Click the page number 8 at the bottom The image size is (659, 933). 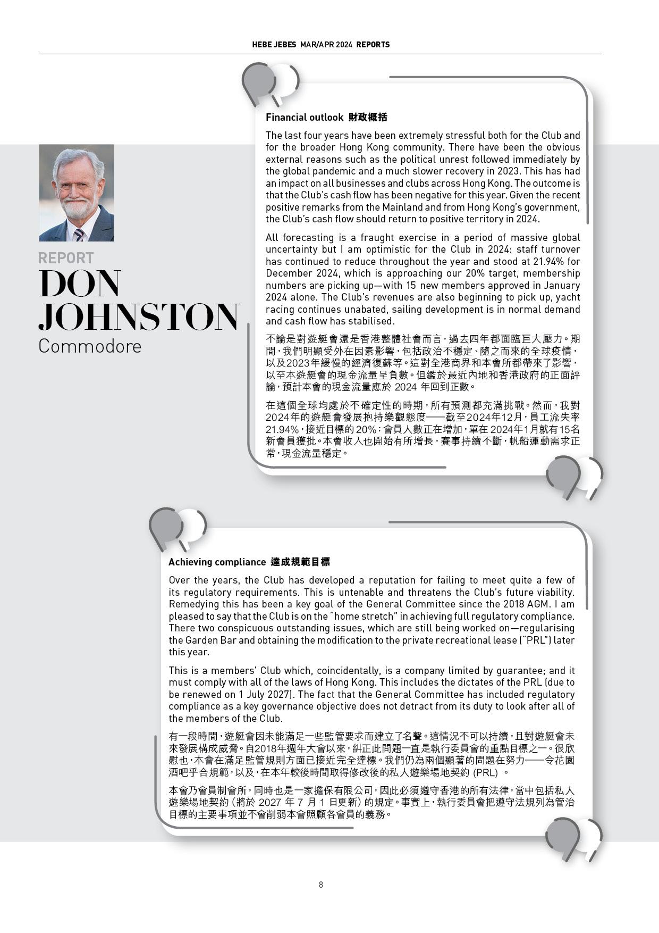(320, 885)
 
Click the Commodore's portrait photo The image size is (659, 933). (76, 193)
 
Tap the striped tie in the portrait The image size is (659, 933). (79, 234)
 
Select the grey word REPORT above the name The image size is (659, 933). (66, 258)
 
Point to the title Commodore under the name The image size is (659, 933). (90, 346)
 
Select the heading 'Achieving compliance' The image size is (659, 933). (217, 562)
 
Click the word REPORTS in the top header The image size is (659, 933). (373, 45)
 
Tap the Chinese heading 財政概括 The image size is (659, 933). (368, 117)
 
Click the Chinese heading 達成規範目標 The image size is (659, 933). (300, 562)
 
